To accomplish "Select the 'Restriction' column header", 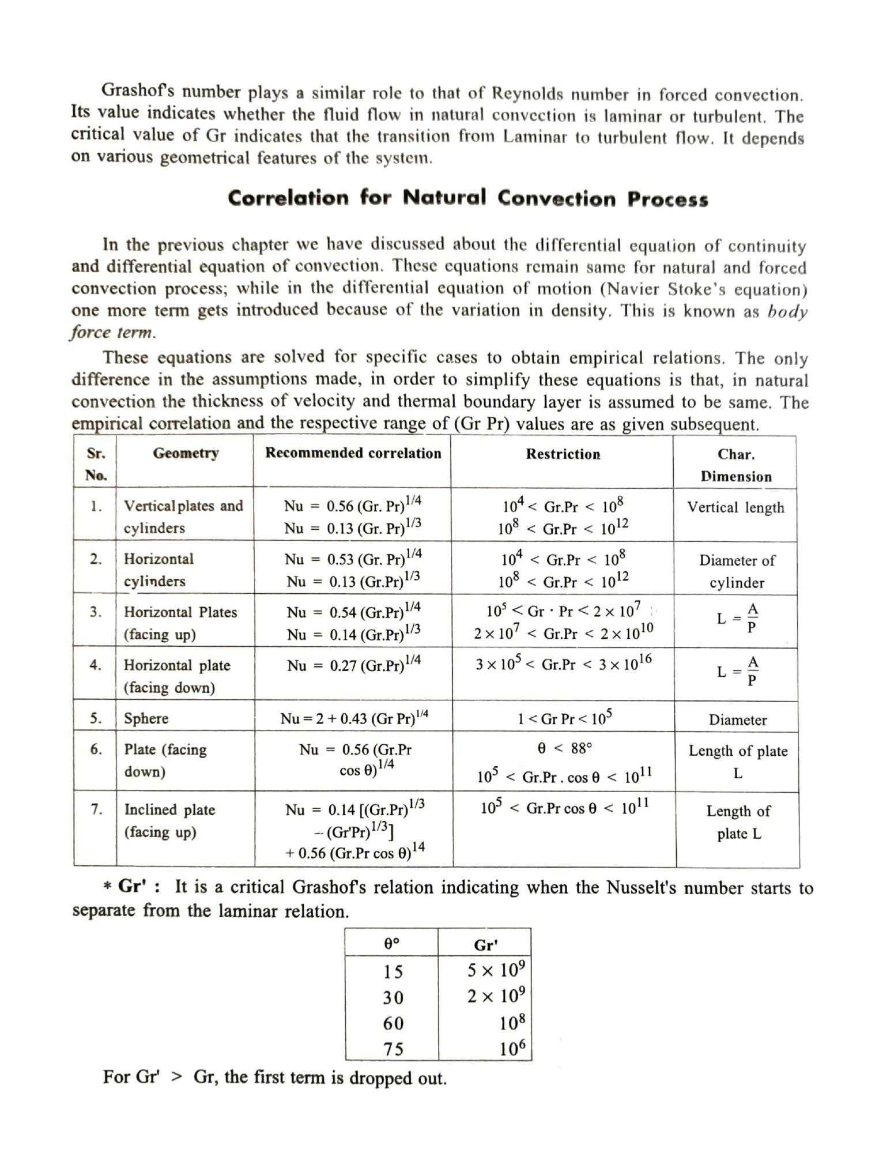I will (x=563, y=454).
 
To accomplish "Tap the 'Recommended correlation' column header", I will (x=353, y=453).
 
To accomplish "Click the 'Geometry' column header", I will (x=186, y=453).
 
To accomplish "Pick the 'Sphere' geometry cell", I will (x=146, y=718).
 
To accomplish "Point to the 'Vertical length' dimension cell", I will (x=735, y=507).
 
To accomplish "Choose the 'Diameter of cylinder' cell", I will (x=737, y=571).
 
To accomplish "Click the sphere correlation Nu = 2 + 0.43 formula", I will (x=354, y=718).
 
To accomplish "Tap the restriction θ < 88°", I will (x=564, y=748).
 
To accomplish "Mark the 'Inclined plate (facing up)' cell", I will (x=169, y=820).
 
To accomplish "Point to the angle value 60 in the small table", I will (x=393, y=1023).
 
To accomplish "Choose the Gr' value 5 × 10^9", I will (x=496, y=971).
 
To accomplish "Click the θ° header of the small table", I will (x=392, y=944).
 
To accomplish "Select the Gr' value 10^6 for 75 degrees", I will (x=512, y=1048).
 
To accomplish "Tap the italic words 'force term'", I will (x=112, y=333).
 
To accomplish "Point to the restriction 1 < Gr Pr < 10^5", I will (x=564, y=718).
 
